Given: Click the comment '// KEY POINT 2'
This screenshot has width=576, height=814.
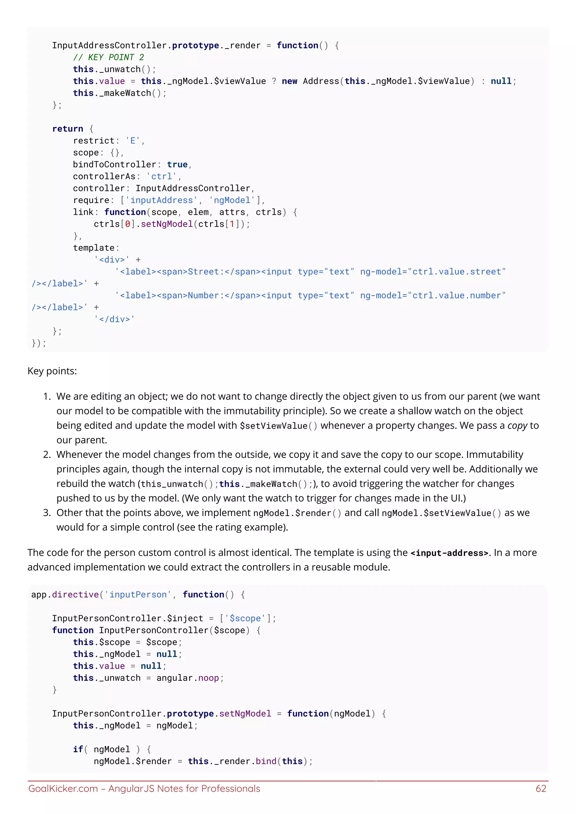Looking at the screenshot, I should (109, 57).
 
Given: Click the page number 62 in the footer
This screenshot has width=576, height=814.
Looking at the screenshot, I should (541, 788).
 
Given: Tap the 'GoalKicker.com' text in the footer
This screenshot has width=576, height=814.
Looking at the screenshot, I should (63, 788).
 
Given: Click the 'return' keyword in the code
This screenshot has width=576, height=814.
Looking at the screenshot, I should (68, 129).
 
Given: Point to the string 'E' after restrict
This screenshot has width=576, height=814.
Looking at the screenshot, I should (133, 141).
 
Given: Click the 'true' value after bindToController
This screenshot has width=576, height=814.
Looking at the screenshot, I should (177, 164).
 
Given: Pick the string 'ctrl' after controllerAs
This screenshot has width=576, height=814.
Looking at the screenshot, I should (162, 176).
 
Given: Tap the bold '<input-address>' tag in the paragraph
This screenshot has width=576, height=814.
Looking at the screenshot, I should (449, 553).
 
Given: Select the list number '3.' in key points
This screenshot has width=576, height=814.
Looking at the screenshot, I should (47, 513).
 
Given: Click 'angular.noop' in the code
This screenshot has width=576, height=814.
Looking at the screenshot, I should (190, 678).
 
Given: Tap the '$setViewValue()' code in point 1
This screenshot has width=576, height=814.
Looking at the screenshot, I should (279, 426).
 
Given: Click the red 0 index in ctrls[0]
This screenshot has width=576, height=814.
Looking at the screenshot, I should (128, 224).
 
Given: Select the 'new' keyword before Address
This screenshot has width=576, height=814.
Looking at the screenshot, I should (289, 81).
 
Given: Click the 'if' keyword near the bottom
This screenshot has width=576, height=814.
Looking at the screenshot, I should (78, 749).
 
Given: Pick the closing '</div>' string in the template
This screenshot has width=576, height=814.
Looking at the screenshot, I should (114, 319).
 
